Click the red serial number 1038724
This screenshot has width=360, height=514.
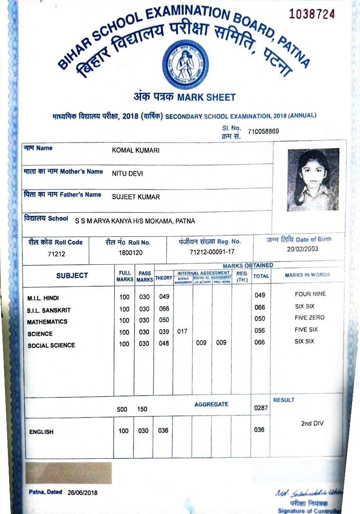coord(311,15)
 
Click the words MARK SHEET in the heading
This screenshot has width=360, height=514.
coord(206,98)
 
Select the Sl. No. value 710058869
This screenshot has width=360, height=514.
coord(263,132)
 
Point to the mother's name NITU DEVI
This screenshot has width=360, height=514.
coord(127,174)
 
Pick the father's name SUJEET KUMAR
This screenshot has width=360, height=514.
coord(136,197)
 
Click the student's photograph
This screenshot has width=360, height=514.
coord(313,180)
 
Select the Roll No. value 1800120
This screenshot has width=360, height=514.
coord(130,252)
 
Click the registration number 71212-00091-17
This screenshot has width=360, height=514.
coord(212,252)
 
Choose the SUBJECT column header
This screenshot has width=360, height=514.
coord(72,275)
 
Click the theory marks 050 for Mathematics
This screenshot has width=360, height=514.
coord(164,320)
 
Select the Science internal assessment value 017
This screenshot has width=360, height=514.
coord(183,332)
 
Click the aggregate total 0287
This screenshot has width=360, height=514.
coord(260,408)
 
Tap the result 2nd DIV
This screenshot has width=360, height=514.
coord(312,424)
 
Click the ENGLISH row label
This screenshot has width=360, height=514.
coord(41,432)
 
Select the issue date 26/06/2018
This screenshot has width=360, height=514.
coord(82,493)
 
